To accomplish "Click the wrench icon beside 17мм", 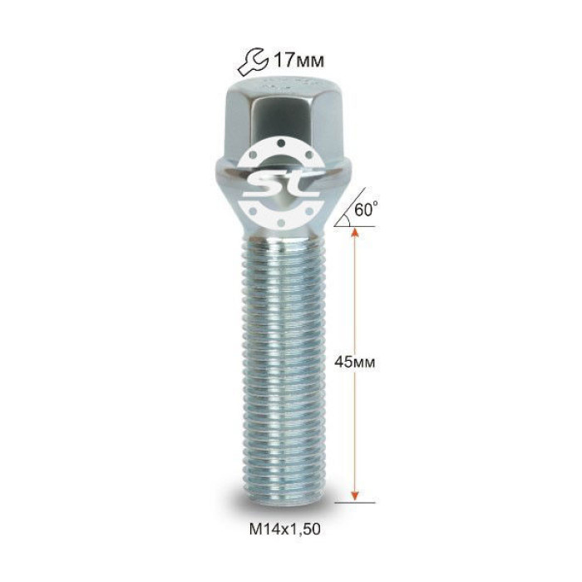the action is [x=253, y=62].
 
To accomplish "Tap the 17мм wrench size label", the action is [x=298, y=60].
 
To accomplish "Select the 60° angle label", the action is [x=366, y=209].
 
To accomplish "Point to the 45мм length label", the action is [x=355, y=362].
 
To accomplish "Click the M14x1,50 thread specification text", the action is [x=284, y=529].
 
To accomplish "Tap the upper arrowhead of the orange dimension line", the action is [x=355, y=232].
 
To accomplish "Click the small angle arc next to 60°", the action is [x=348, y=219].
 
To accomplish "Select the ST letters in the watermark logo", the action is [x=281, y=184].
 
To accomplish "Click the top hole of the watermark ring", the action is [x=281, y=143].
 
